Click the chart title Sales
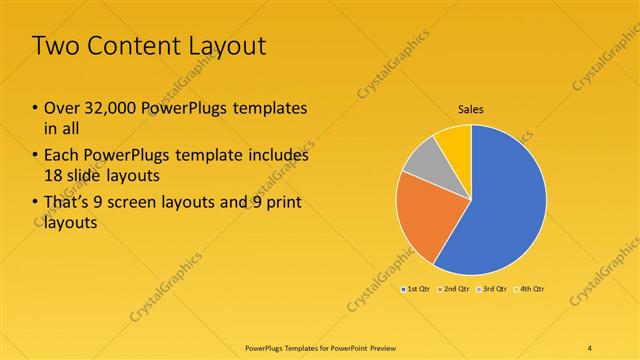[x=472, y=109]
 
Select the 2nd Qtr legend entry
[x=455, y=289]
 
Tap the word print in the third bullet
[x=282, y=203]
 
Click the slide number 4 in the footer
[x=590, y=347]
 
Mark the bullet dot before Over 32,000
[x=35, y=108]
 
